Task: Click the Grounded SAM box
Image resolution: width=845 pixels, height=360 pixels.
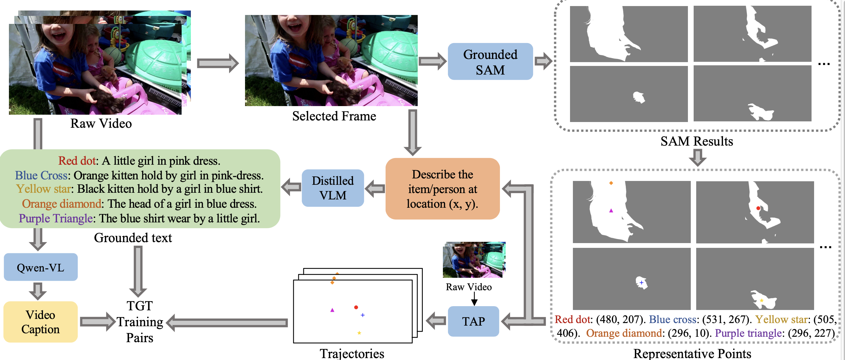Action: (x=490, y=61)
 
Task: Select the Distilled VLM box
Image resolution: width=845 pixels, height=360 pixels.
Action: (x=333, y=188)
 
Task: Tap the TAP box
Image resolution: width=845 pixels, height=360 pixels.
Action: (x=473, y=321)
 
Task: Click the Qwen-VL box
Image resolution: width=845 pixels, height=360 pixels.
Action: (x=41, y=267)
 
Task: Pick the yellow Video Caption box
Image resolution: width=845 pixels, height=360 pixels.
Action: (x=41, y=322)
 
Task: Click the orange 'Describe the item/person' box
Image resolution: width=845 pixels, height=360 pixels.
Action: (x=442, y=189)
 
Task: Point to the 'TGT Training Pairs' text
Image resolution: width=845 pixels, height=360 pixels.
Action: (x=140, y=322)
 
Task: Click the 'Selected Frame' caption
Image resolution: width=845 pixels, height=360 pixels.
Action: (x=334, y=116)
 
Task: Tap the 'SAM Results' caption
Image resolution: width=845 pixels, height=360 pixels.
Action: (x=697, y=141)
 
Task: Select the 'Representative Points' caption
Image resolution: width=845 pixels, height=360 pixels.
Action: (x=692, y=353)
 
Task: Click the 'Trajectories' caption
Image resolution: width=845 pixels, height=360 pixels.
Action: (x=352, y=353)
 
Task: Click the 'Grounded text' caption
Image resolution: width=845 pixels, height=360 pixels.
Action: (x=133, y=238)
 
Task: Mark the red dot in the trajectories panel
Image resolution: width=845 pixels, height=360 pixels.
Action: (x=356, y=307)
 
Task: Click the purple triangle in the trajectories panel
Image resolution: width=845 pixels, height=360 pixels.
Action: (x=332, y=310)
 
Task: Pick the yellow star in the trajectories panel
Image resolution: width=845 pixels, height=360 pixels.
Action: (x=359, y=333)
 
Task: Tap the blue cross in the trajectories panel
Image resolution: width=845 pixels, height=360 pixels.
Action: (x=363, y=315)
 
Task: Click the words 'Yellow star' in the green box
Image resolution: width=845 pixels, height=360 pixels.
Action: (x=44, y=189)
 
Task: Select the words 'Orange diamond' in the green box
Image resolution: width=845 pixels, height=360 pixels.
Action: (x=62, y=204)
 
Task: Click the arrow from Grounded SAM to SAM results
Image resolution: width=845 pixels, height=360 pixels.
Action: (x=543, y=61)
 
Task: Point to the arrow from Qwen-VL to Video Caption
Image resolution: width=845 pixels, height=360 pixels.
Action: (x=38, y=291)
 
